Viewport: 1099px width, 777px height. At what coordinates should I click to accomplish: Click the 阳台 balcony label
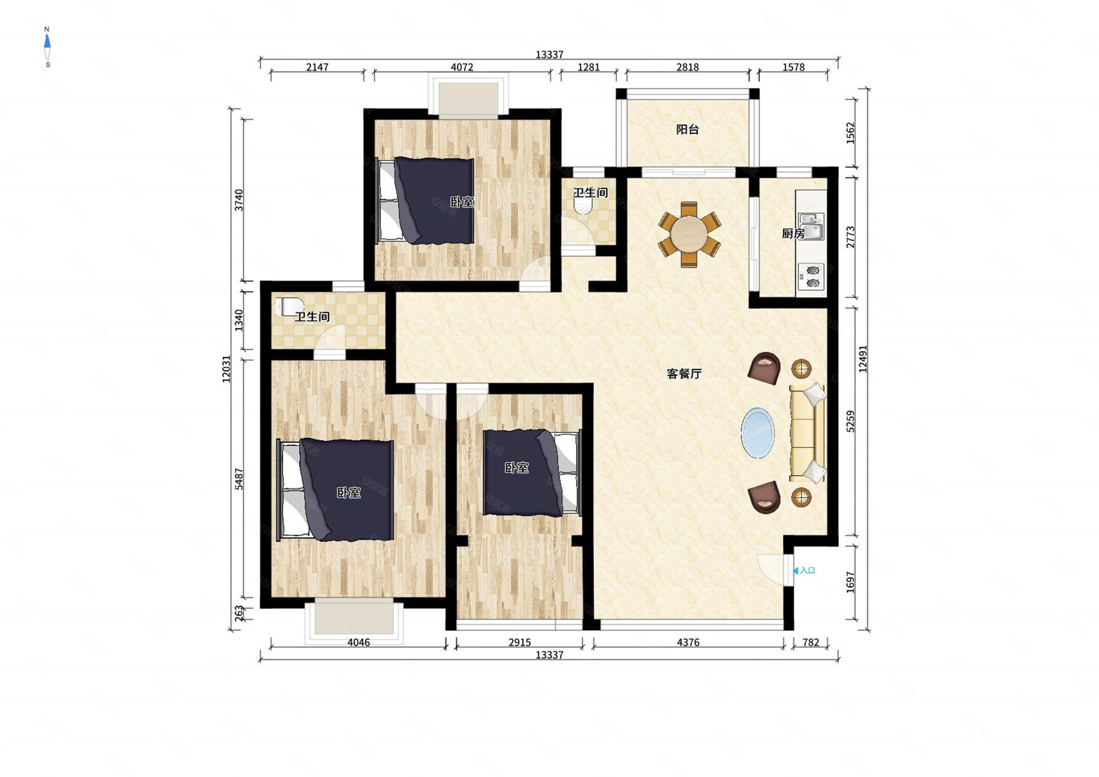[687, 129]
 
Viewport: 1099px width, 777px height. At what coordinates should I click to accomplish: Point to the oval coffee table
[758, 433]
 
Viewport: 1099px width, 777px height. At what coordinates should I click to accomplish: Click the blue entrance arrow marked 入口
[796, 571]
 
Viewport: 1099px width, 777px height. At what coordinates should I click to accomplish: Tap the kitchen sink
[811, 226]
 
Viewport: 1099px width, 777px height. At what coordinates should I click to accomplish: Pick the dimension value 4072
[462, 67]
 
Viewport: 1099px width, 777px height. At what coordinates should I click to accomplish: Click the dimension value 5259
[850, 421]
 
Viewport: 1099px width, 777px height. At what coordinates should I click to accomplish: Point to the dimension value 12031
[226, 369]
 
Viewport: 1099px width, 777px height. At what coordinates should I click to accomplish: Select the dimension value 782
[811, 643]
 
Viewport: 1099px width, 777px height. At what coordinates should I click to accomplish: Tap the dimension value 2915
[520, 643]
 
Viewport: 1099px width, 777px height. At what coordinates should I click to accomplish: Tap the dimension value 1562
[850, 133]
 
